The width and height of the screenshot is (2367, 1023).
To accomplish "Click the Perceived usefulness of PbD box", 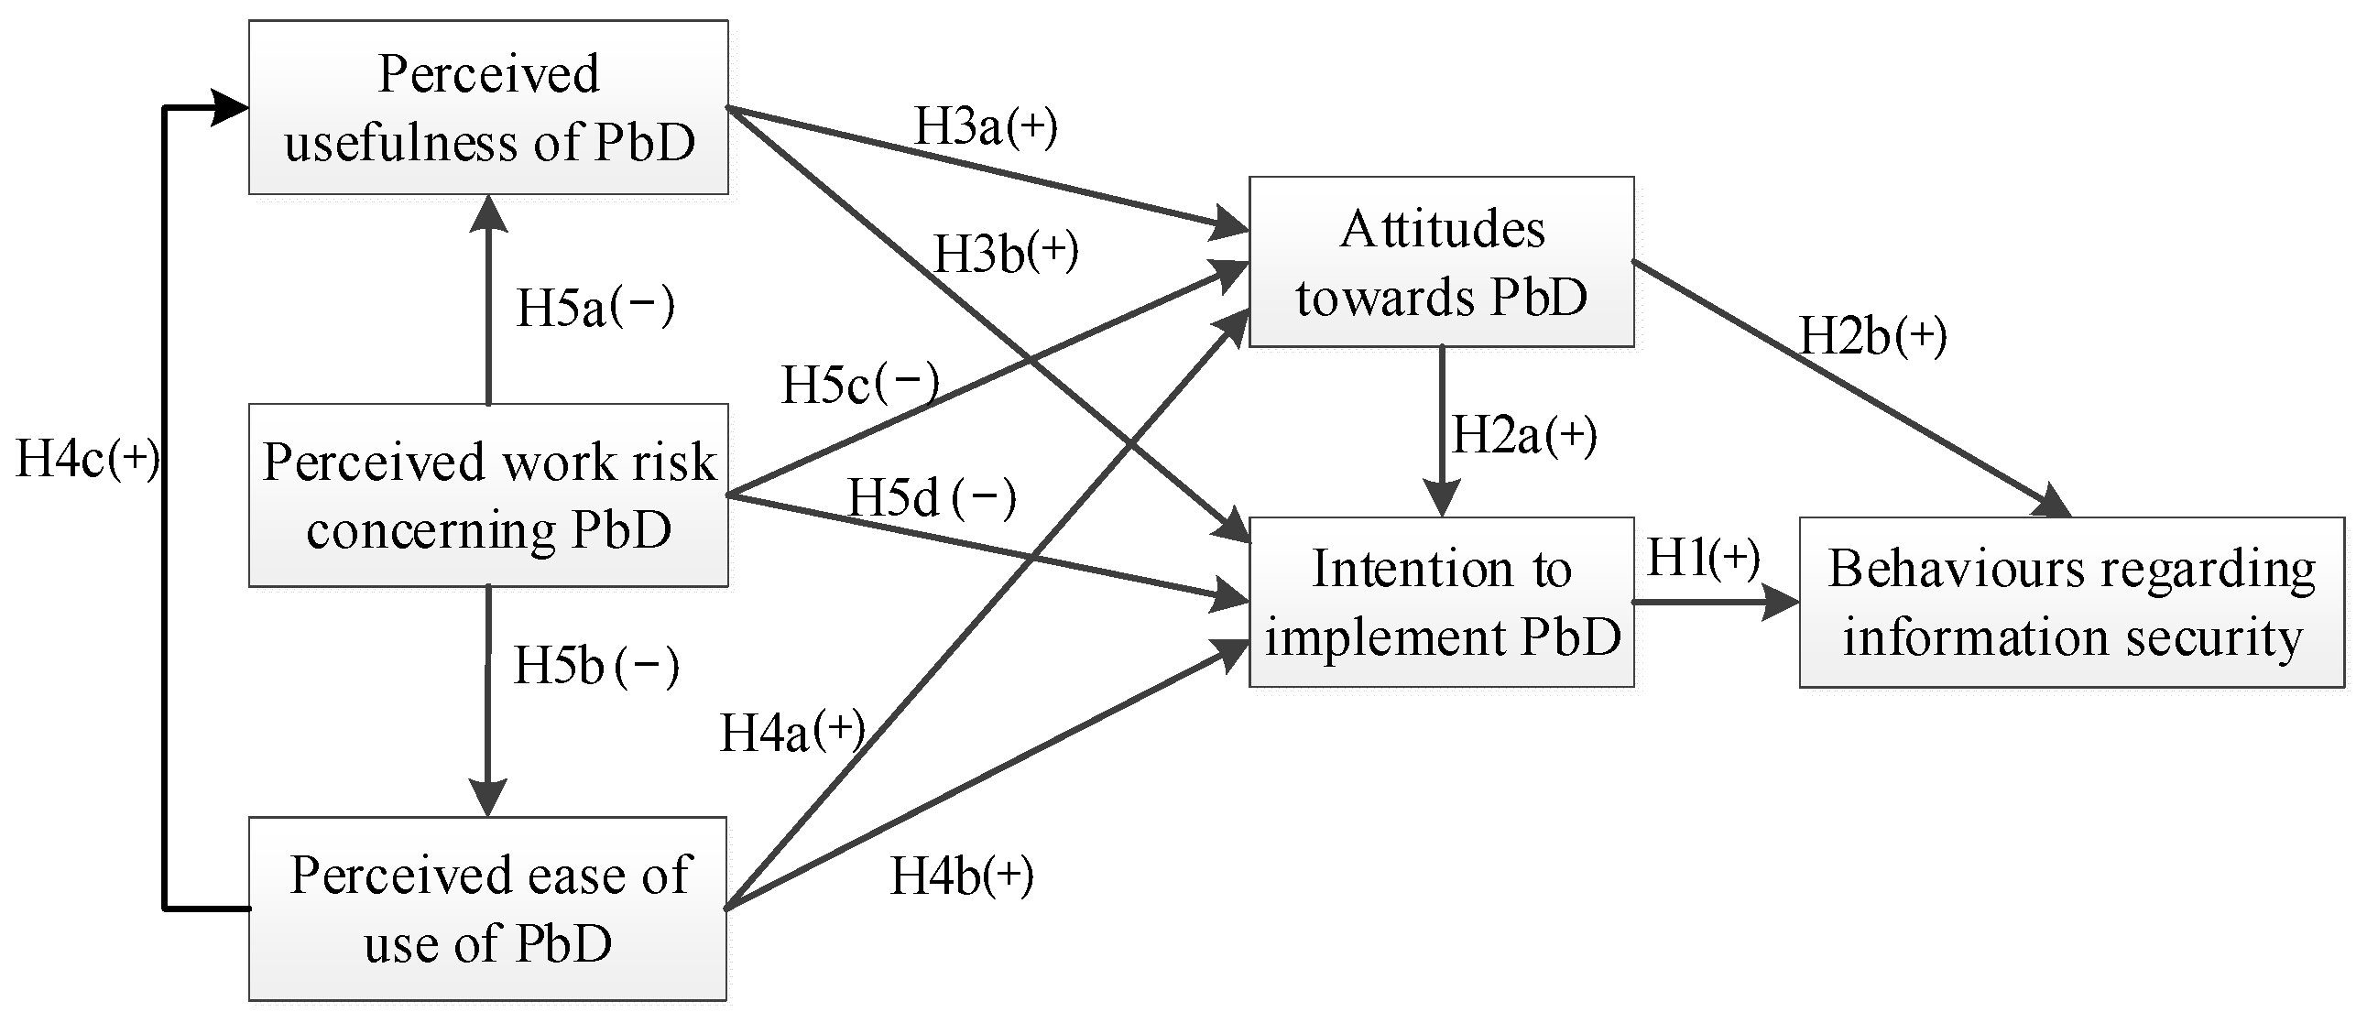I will tap(488, 107).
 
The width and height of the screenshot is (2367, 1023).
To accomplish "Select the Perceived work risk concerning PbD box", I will tap(488, 495).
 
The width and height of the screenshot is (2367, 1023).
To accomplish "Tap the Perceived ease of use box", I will tap(488, 909).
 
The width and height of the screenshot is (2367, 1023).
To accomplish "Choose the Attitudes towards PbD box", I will tap(1441, 262).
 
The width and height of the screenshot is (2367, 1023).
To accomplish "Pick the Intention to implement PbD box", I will tap(1441, 602).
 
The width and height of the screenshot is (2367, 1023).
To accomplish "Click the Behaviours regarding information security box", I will tap(2071, 602).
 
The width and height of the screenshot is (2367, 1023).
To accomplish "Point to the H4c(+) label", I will tap(87, 457).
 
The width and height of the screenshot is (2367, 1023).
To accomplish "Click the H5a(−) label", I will tap(595, 307).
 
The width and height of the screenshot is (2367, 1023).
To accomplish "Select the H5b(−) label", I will tap(595, 665).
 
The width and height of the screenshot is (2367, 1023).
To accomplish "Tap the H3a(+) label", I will tap(986, 125).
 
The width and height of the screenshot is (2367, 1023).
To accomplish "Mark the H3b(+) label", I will tap(1005, 252).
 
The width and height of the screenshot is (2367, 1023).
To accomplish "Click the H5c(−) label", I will tap(860, 383).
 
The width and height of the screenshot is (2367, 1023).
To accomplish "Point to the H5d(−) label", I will tap(931, 497).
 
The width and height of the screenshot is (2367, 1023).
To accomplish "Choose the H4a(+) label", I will tap(792, 732).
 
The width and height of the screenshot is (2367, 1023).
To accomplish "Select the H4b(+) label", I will tap(962, 875).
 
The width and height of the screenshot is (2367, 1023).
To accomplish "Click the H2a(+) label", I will tap(1523, 434).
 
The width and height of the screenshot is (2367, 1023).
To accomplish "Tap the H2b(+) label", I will tap(1872, 335).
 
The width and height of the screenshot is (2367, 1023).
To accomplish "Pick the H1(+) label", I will tap(1703, 558).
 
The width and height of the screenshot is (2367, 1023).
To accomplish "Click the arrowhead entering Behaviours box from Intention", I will tap(1781, 604).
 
